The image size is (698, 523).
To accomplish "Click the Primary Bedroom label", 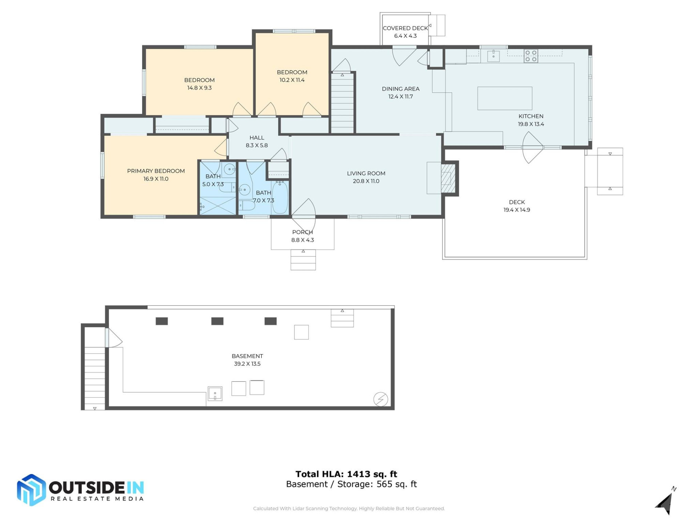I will (156, 171).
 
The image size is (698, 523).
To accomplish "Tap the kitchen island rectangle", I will (505, 98).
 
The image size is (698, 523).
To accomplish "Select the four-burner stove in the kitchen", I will (531, 56).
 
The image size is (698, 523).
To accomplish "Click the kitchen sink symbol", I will (493, 56).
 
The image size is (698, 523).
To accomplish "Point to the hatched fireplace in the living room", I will (448, 178).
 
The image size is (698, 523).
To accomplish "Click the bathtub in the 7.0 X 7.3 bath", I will (280, 198).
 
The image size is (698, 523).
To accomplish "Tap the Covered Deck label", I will (405, 28).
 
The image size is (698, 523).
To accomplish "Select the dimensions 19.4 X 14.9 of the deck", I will (517, 210).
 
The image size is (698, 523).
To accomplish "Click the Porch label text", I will (302, 232).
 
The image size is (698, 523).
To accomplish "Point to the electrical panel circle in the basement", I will (381, 399).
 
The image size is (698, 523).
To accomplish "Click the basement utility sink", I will (215, 394).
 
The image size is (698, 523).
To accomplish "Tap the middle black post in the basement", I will (217, 321).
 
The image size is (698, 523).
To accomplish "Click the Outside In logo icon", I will (32, 490).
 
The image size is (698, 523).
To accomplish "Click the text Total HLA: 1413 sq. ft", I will (346, 474).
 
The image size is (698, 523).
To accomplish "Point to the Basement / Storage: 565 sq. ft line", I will (351, 484).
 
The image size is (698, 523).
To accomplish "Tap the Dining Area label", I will (401, 89).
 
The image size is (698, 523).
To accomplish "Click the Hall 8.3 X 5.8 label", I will (257, 141).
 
